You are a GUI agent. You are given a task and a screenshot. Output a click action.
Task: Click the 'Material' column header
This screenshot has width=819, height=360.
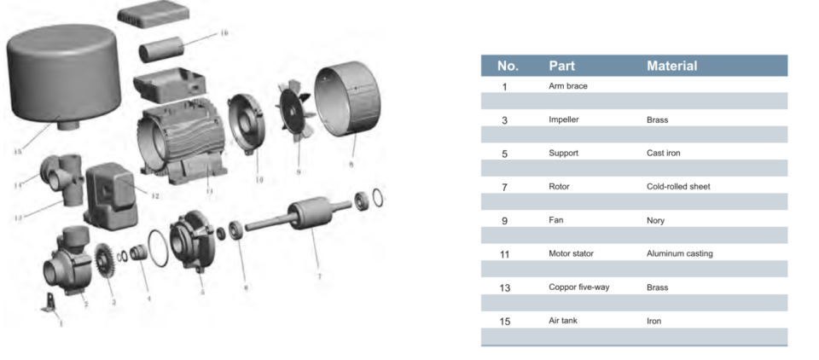671,66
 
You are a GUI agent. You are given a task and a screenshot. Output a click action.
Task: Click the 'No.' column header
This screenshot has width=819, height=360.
508,66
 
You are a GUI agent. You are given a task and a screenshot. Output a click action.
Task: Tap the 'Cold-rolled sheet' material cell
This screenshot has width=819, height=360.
678,187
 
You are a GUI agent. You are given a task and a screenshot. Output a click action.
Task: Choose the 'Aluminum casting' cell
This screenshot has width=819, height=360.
679,254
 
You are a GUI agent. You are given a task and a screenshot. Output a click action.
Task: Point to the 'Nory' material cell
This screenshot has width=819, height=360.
656,220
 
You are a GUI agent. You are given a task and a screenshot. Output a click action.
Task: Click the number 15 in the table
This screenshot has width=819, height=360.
504,322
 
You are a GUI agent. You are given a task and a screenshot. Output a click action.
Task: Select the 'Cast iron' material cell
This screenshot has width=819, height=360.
663,154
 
